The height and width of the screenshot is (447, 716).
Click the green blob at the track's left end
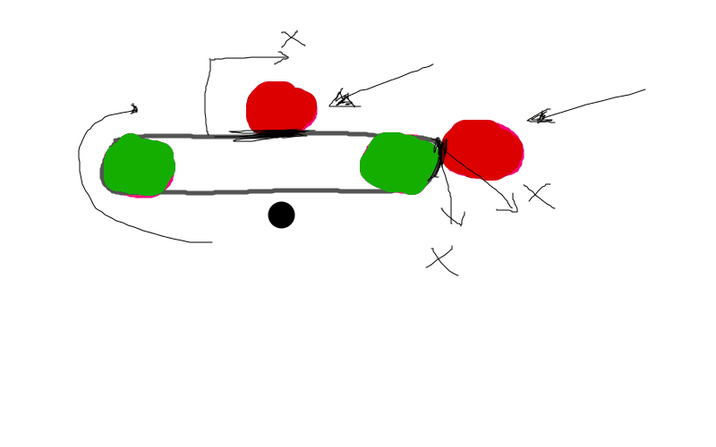(x=138, y=165)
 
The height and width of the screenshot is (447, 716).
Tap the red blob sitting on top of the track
(x=280, y=107)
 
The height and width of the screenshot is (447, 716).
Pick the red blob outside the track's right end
(x=483, y=148)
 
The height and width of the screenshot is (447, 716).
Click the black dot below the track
(x=281, y=215)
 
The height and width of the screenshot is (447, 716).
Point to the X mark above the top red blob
(x=293, y=38)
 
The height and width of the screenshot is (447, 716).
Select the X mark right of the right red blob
(x=539, y=195)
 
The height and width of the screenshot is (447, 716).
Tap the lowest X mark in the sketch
(x=440, y=260)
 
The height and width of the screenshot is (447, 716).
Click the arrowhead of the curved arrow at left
(x=135, y=109)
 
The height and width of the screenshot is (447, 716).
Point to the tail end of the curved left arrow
(x=211, y=241)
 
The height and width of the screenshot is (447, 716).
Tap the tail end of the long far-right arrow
(x=644, y=89)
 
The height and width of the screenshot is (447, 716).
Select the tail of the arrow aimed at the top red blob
(x=432, y=64)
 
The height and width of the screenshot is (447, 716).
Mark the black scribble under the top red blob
(x=268, y=135)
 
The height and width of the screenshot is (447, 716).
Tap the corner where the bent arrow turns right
(x=210, y=60)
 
